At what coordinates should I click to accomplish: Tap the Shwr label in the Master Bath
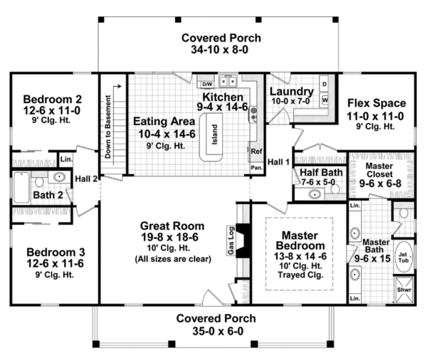pos(403,290)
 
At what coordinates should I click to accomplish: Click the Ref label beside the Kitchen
pos(255,151)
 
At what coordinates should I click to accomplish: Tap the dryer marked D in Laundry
pos(325,85)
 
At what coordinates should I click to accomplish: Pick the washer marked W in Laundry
pos(325,100)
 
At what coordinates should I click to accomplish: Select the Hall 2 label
pos(85,178)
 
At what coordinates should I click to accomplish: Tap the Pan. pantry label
pos(255,167)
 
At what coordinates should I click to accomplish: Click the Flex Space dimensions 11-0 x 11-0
pos(375,116)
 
